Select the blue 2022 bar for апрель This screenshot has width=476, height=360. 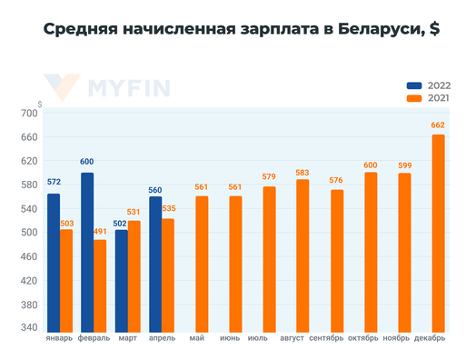pos(154,264)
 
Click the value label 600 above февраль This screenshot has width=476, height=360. pos(87,162)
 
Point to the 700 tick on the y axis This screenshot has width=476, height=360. pos(28,113)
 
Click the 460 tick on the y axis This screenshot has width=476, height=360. pos(28,256)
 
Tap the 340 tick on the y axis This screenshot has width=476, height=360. pos(28,328)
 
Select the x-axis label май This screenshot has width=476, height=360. pos(197,339)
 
